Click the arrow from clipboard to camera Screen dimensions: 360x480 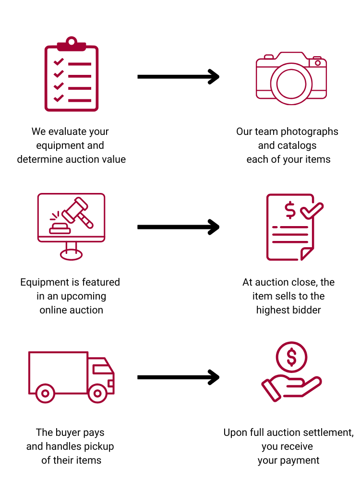178,76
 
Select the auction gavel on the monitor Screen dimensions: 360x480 77,213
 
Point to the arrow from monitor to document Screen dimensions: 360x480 178,227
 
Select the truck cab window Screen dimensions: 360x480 101,369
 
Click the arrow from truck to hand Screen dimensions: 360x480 178,377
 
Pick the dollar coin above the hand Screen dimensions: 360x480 291,357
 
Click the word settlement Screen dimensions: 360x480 326,432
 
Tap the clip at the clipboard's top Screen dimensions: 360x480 72,43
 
